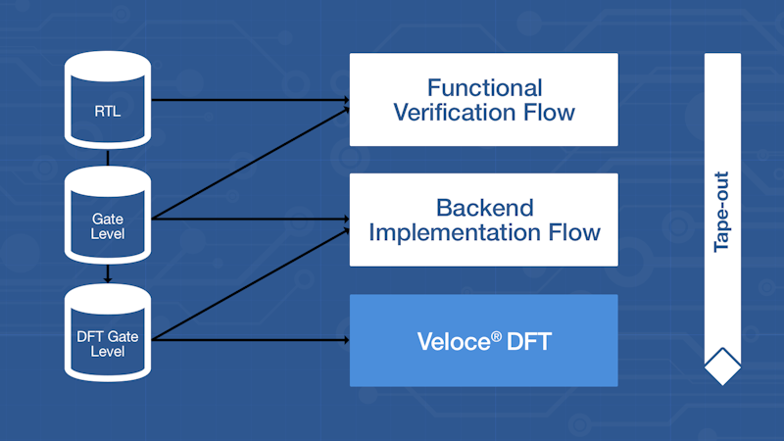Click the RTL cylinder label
click(108, 111)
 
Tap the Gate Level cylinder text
click(108, 226)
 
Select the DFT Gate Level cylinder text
click(108, 344)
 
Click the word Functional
click(484, 88)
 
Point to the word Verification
click(455, 112)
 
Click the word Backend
click(484, 208)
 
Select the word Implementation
click(455, 232)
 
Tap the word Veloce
click(454, 342)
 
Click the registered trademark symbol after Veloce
click(496, 336)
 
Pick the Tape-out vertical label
click(722, 212)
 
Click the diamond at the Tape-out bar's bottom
click(722, 367)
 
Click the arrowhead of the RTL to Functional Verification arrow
click(346, 100)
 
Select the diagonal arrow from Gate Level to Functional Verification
click(251, 164)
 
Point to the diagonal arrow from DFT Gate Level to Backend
click(251, 284)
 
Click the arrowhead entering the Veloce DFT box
click(346, 340)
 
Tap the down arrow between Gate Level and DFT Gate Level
click(108, 273)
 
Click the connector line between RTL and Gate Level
click(108, 157)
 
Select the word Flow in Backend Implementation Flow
click(574, 232)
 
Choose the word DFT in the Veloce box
click(529, 342)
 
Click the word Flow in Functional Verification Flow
click(549, 112)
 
